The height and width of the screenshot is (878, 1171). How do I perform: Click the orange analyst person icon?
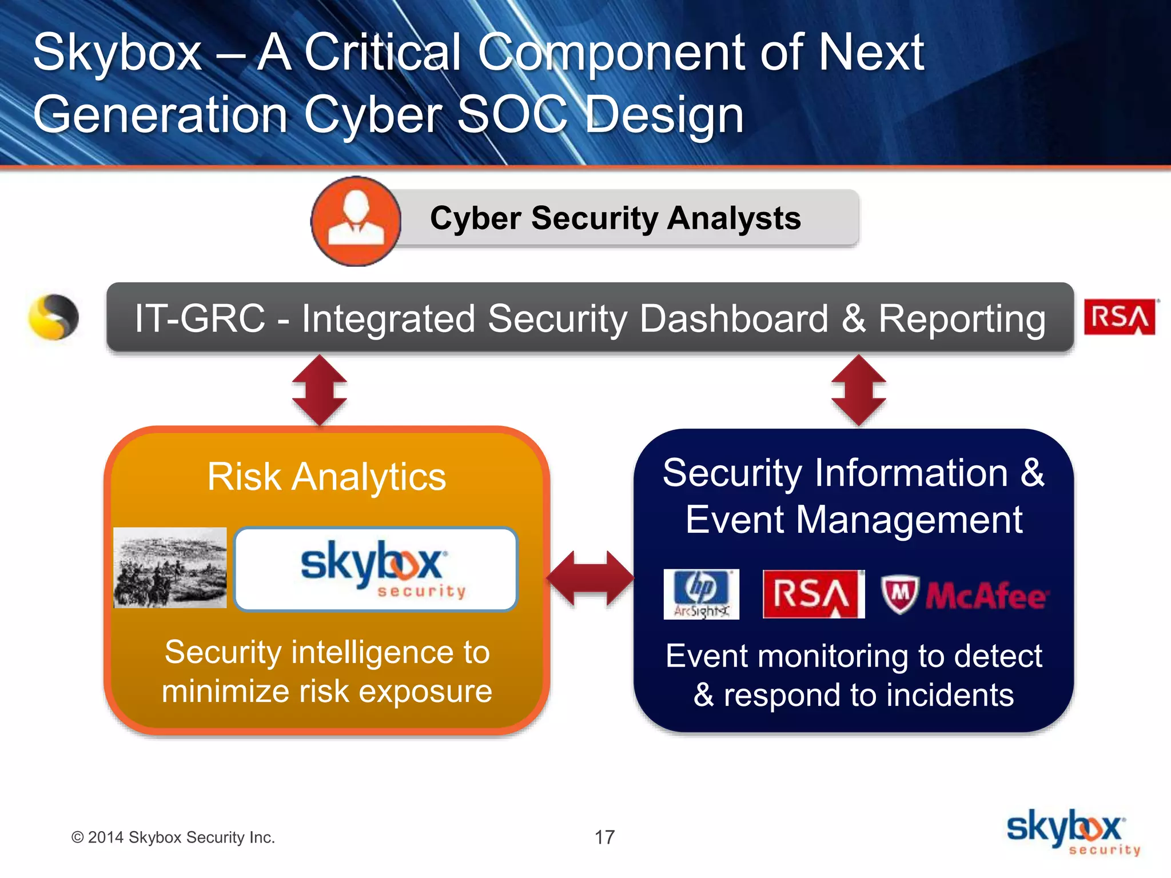tap(356, 221)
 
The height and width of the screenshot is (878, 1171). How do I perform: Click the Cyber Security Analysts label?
tap(615, 218)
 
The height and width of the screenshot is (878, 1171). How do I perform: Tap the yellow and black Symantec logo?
tap(54, 317)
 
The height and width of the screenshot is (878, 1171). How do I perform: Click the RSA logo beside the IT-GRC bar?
tap(1120, 317)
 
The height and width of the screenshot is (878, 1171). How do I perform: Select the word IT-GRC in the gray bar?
tap(200, 318)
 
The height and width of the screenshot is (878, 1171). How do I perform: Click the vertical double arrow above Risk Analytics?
tap(319, 390)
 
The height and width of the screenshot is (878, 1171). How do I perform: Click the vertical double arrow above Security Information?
tap(858, 390)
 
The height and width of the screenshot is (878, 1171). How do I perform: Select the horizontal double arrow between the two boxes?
tap(591, 578)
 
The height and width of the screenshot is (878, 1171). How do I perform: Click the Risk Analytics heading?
tap(326, 477)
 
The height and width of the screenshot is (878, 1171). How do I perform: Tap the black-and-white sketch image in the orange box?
tap(170, 568)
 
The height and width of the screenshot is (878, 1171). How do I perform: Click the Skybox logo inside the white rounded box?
tap(376, 569)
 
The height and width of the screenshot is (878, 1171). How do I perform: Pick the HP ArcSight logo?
tap(701, 594)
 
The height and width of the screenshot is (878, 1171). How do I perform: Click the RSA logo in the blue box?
tap(813, 594)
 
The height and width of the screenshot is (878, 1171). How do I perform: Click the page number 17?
tap(604, 837)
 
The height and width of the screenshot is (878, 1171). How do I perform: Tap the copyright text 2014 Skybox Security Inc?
tap(173, 837)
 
